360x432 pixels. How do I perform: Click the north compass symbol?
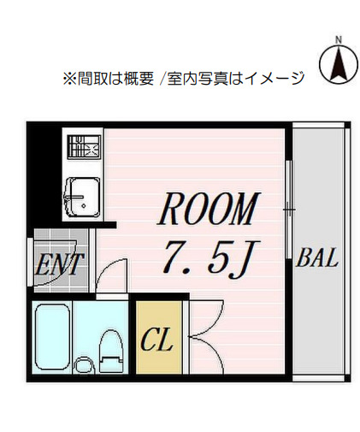pos(339,62)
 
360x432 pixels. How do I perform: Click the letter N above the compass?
pos(339,39)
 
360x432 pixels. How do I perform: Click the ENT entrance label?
pos(59,264)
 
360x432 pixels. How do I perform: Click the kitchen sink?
pos(83,196)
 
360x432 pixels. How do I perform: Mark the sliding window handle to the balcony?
pos(290,208)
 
